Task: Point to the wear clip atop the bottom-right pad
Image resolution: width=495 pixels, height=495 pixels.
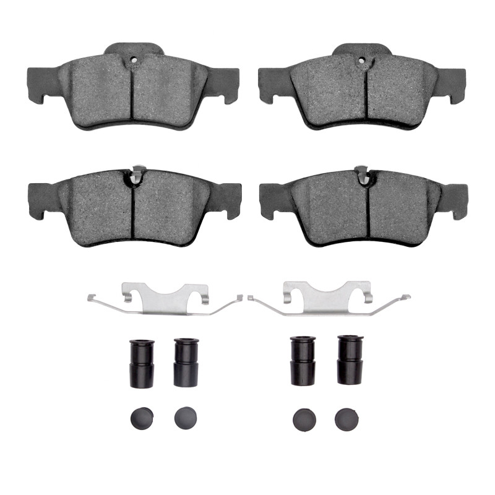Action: click(x=361, y=175)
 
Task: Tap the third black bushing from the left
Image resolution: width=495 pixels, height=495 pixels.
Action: click(x=303, y=361)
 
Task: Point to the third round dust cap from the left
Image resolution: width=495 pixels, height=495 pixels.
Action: click(x=304, y=419)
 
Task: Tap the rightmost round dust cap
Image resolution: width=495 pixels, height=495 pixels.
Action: click(x=346, y=419)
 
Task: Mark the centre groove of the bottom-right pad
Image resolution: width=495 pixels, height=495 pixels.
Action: click(x=368, y=210)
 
